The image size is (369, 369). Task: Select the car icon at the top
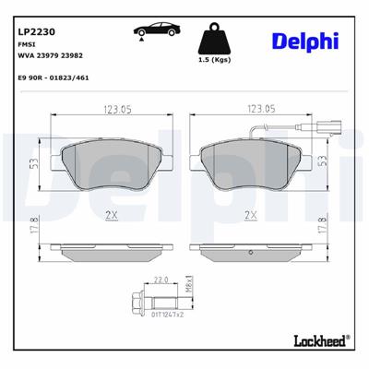point(149,29)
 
